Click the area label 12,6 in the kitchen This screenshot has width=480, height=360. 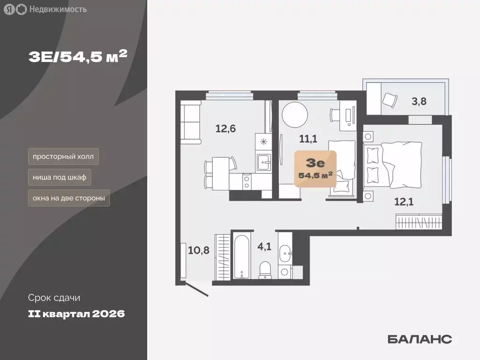[225, 127]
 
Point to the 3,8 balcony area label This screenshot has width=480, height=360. [419, 102]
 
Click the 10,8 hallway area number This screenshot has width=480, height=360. [198, 250]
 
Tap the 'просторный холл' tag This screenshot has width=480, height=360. [63, 156]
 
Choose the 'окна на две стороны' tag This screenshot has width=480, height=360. [68, 198]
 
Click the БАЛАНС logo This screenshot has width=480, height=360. [420, 339]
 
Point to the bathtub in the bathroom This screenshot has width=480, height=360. [242, 256]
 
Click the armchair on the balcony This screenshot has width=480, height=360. [389, 99]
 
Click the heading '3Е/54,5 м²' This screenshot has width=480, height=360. [78, 57]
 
